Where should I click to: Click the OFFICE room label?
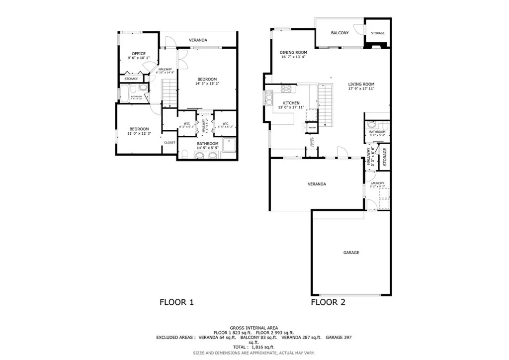(138, 54)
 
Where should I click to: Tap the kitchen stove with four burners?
(287, 90)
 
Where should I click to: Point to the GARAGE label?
(351, 253)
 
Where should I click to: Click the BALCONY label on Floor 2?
(340, 33)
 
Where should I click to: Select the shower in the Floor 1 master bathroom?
(230, 144)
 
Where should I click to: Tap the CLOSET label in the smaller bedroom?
(170, 143)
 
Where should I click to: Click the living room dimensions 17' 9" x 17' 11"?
(361, 89)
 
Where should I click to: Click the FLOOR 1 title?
(176, 302)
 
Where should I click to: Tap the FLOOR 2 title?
(328, 302)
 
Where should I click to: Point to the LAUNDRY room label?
(377, 183)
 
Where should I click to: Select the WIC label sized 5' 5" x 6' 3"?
(225, 125)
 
